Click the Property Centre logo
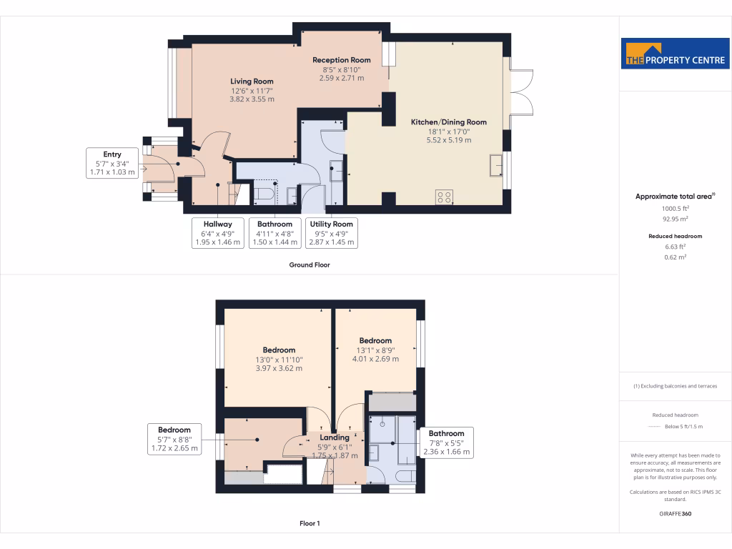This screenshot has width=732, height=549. [x=675, y=54]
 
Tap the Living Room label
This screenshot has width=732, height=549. [x=252, y=91]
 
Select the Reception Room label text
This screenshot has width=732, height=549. [x=342, y=69]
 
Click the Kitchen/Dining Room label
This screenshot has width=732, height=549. [x=448, y=131]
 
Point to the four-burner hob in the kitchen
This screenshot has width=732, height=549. [x=443, y=196]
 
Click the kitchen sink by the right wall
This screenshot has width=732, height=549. [x=496, y=164]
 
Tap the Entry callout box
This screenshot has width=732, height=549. [x=112, y=163]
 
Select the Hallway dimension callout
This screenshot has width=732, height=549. [x=217, y=233]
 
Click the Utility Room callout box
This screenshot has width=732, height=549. [x=331, y=233]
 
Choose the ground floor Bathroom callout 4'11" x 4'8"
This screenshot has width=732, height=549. [x=274, y=233]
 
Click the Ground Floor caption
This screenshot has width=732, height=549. [x=310, y=264]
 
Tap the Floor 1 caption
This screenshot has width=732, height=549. [x=310, y=523]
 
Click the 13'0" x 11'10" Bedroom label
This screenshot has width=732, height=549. [x=279, y=360]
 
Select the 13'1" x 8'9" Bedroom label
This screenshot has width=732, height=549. [x=375, y=350]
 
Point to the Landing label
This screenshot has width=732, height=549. [x=335, y=437]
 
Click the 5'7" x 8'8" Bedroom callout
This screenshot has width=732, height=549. [x=174, y=439]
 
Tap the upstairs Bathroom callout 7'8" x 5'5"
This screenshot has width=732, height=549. [x=446, y=442]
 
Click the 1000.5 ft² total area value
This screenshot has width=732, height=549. [x=661, y=209]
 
